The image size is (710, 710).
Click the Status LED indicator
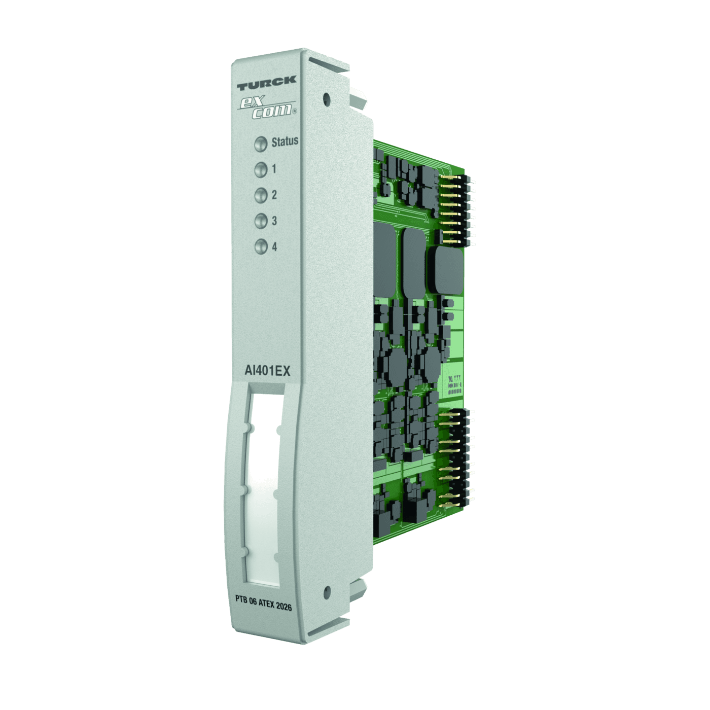click(260, 144)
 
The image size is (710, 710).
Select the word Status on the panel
click(285, 141)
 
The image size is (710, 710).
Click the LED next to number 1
click(260, 169)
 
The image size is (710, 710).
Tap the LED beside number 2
click(260, 195)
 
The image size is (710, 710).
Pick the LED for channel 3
click(260, 221)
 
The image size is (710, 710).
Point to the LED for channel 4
click(260, 247)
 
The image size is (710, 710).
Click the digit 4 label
click(274, 247)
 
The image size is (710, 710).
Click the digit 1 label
click(274, 169)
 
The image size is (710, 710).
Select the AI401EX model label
click(267, 371)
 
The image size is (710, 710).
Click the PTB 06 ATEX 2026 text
click(263, 605)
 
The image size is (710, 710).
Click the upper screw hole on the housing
click(326, 96)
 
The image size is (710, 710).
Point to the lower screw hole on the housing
click(326, 590)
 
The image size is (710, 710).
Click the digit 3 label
click(274, 221)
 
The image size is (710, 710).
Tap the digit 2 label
click(274, 195)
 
